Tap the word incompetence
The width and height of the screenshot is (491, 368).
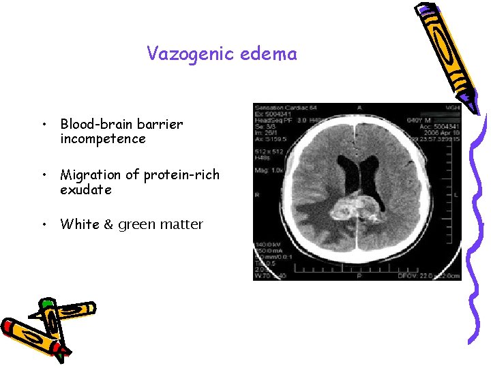(x=102, y=139)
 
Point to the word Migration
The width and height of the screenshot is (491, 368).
(x=93, y=175)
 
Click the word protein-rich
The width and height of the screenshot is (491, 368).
(x=181, y=175)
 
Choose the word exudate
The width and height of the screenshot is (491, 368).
(x=85, y=189)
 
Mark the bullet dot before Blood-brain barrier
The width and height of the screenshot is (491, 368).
(x=43, y=125)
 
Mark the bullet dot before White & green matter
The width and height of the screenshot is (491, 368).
(x=43, y=225)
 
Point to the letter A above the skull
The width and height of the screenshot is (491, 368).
(x=359, y=108)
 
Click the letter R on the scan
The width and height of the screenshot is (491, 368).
(x=257, y=194)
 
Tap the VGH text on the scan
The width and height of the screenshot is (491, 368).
(x=453, y=108)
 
